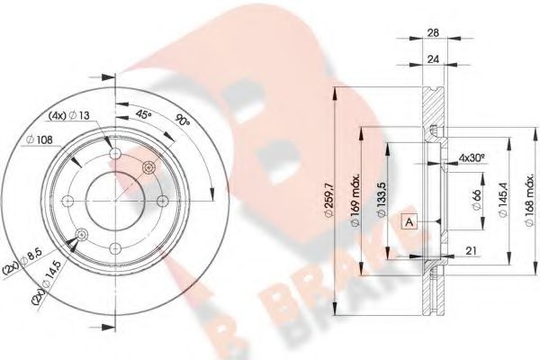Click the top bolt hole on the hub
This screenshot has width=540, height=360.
pos(115,156)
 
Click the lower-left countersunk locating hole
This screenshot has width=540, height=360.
pos(82,235)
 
